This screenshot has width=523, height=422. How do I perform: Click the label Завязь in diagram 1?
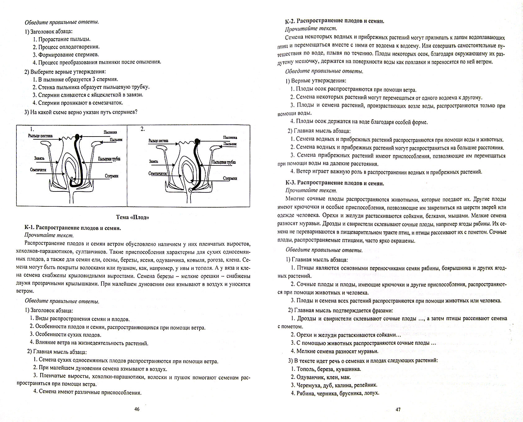[39, 158]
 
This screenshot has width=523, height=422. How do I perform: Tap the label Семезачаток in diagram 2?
[158, 174]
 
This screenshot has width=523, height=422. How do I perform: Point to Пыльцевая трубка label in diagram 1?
[109, 159]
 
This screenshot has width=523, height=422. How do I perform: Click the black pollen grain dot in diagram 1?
[77, 137]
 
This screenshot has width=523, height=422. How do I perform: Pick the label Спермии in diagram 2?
[230, 178]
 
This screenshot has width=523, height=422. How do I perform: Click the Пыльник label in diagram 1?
[116, 140]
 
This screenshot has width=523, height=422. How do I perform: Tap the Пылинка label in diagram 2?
[230, 137]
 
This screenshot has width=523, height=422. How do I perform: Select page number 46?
[137, 409]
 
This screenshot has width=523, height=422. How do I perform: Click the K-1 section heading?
[72, 228]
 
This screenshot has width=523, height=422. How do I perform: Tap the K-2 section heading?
[334, 21]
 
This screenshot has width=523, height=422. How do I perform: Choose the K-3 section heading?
[334, 183]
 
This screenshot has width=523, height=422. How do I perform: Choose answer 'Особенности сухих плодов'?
[68, 335]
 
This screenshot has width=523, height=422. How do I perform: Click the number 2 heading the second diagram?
[142, 129]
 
